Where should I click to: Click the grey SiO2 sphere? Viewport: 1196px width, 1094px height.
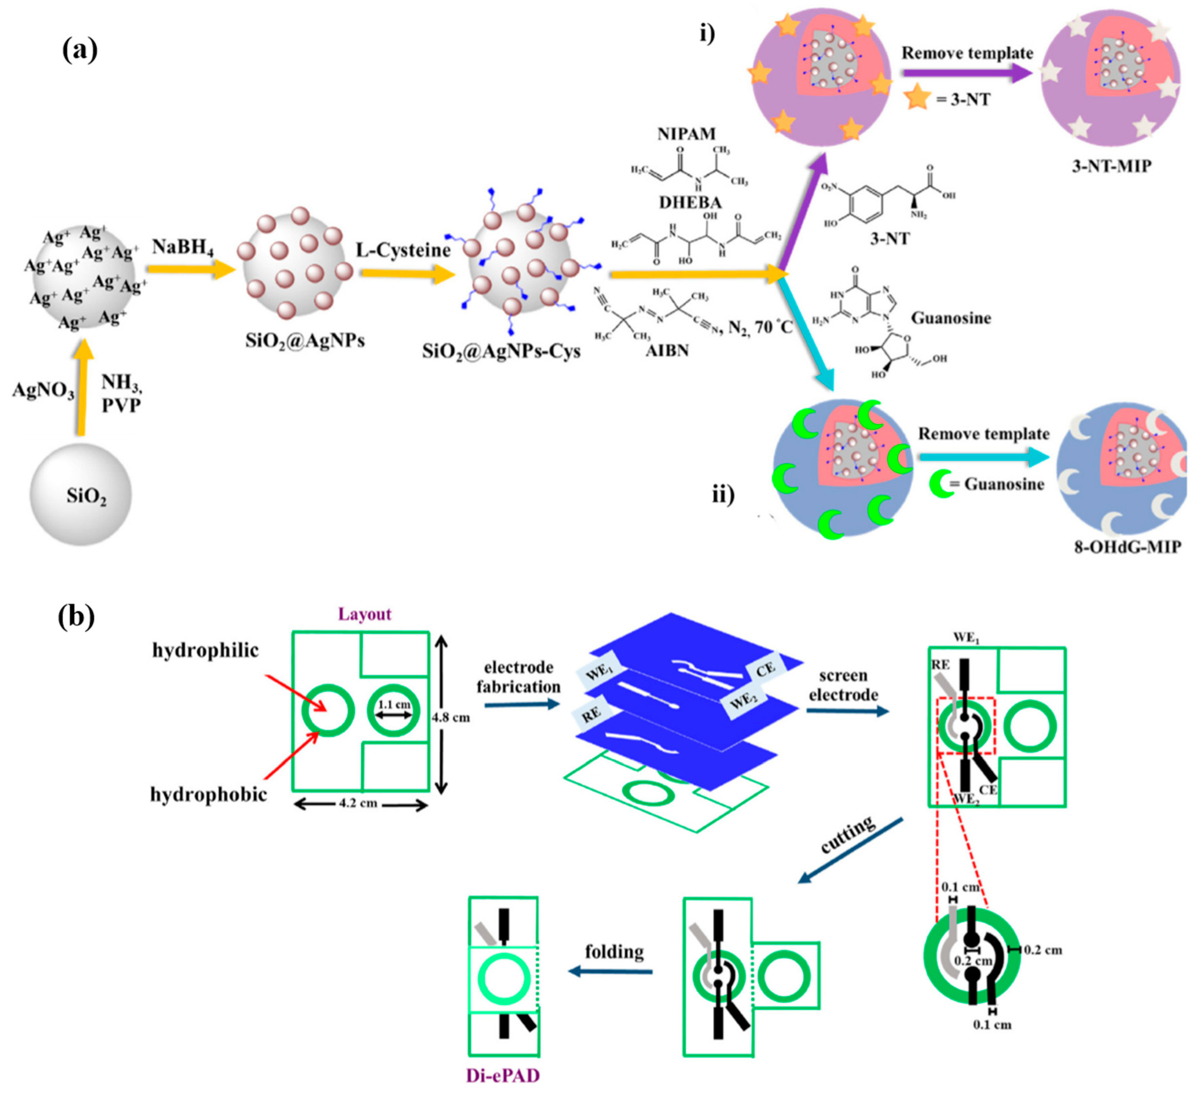[81, 494]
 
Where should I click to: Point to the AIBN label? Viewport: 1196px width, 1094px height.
[668, 350]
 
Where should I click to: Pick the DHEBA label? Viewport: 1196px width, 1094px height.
[690, 203]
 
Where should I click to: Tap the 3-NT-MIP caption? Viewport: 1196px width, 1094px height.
[1111, 166]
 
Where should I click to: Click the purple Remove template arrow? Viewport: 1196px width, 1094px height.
[967, 73]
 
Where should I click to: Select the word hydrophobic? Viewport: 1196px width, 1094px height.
[208, 794]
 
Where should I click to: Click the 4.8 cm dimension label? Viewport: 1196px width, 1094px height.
[451, 717]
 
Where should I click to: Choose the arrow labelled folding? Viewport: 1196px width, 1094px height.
[611, 972]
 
